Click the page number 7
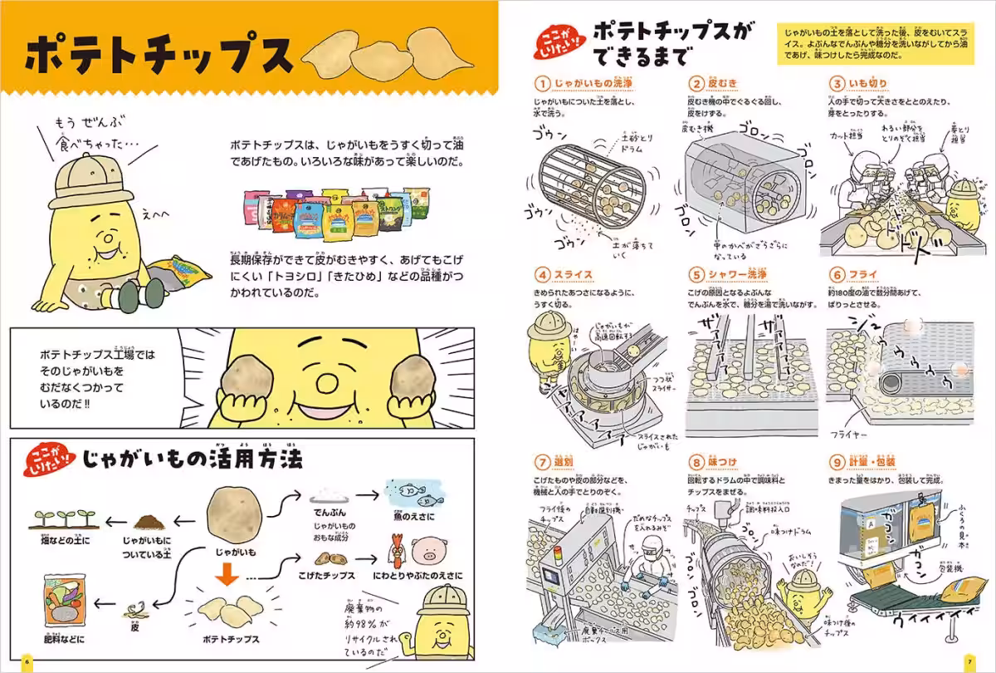pyautogui.click(x=969, y=661)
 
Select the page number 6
pyautogui.click(x=27, y=661)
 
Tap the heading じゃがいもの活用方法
pyautogui.click(x=191, y=458)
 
